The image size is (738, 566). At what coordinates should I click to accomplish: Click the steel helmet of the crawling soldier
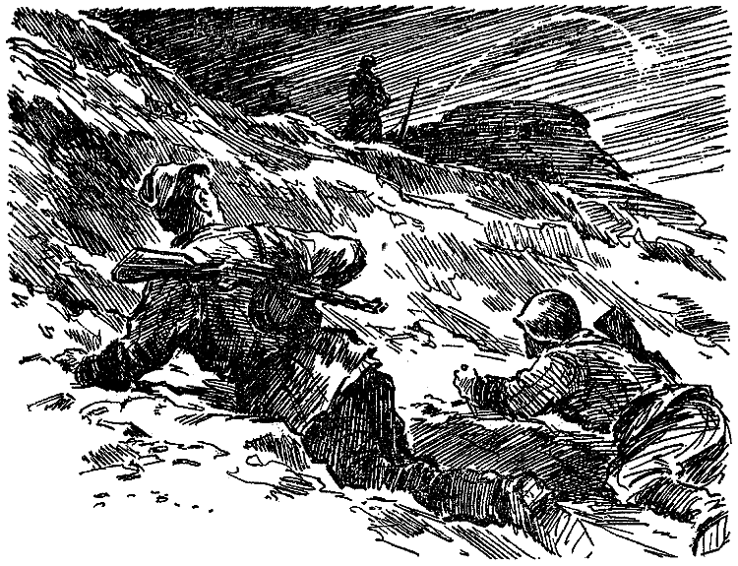tap(548, 315)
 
